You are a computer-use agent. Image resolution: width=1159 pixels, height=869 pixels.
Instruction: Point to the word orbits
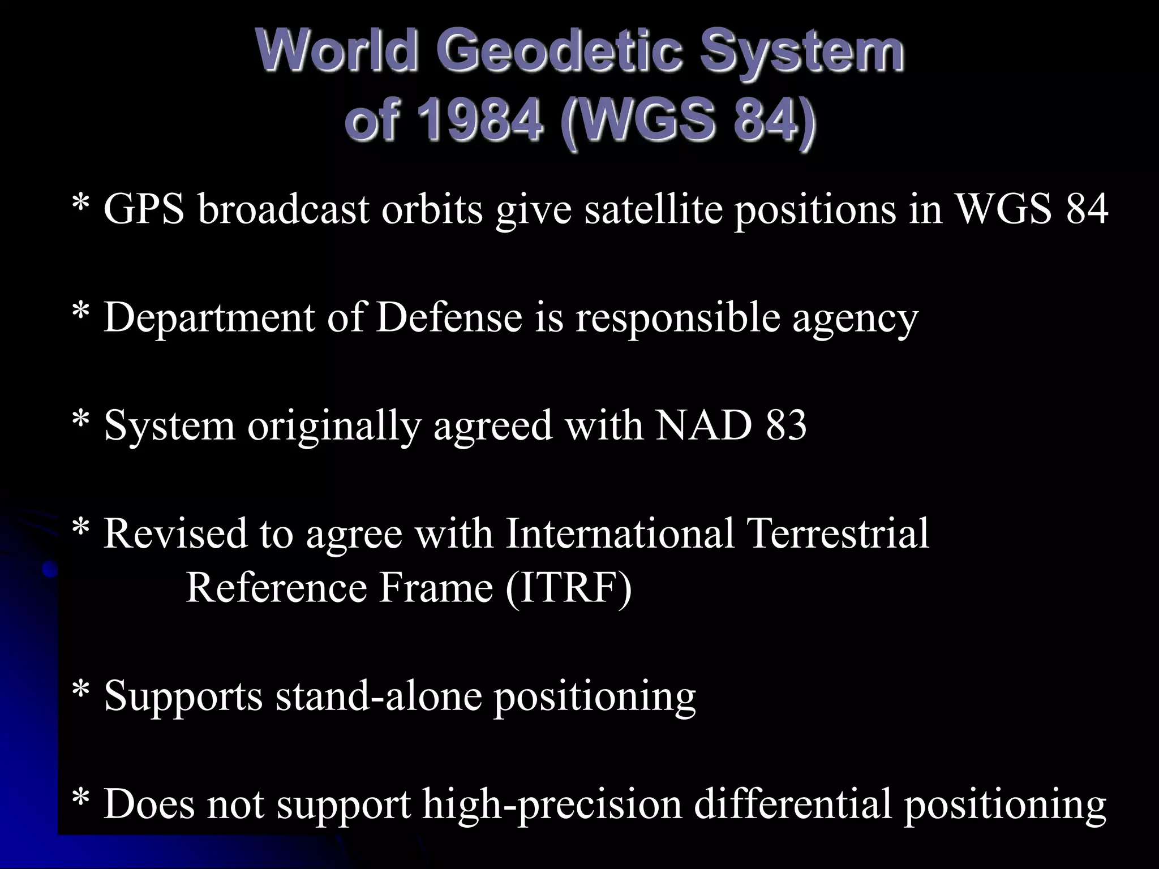tap(432, 209)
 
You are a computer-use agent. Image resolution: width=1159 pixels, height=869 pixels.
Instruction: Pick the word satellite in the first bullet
tap(653, 209)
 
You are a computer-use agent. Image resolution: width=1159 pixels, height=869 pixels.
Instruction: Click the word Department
tap(209, 318)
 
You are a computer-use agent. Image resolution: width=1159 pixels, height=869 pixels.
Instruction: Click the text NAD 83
tap(731, 425)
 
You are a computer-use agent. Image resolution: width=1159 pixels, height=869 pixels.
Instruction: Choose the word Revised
tap(175, 533)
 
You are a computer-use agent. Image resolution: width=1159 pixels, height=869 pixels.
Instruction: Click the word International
tap(620, 533)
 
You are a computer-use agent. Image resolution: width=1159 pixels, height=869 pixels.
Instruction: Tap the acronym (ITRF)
tap(568, 587)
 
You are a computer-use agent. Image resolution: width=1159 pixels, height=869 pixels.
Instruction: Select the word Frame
tap(436, 587)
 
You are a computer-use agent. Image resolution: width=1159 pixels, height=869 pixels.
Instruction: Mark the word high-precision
tap(552, 804)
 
